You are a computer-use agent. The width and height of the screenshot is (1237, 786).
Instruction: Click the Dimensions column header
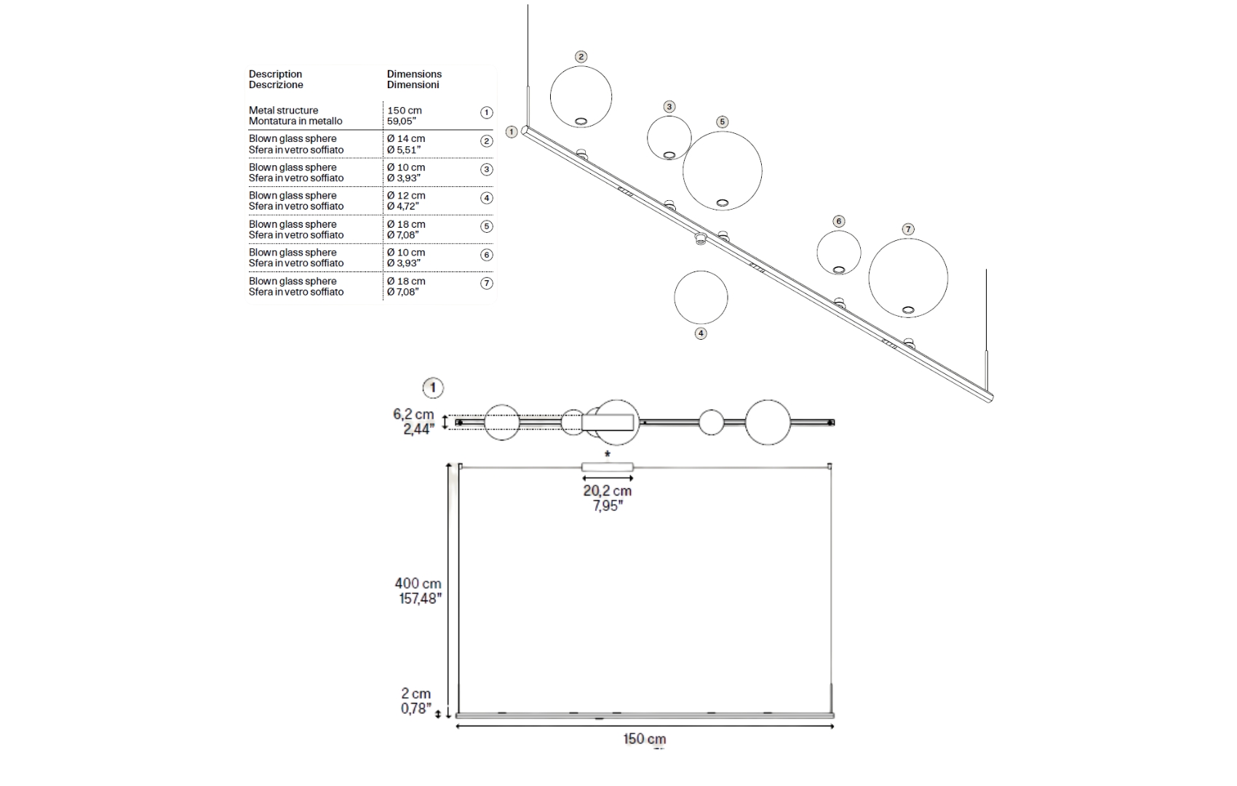414,79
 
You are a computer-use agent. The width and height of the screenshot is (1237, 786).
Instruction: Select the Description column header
276,79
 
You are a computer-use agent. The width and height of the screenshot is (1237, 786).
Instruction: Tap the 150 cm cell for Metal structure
405,116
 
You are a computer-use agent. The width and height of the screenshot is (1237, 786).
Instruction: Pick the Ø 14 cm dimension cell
406,144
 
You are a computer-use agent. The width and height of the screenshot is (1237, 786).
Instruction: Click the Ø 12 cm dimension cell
406,201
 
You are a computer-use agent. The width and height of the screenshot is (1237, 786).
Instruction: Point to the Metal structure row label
295,116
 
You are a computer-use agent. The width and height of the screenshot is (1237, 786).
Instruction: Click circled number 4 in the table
487,198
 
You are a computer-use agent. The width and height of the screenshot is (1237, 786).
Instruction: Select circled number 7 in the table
487,283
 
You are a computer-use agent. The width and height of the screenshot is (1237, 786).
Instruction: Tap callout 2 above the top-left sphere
581,56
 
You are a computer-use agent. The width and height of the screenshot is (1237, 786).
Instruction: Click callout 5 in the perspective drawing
723,122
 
